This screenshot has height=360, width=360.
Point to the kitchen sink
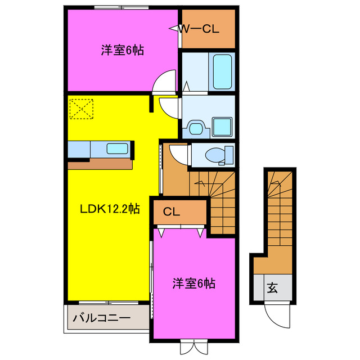(117, 149)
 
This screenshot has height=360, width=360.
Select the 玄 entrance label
(272, 289)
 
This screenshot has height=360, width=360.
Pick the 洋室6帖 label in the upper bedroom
(122, 51)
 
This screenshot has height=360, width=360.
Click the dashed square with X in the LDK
(80, 107)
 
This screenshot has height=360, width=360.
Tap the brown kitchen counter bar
(100, 164)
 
